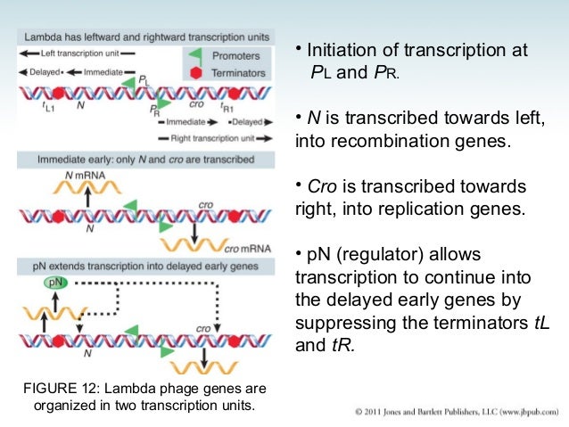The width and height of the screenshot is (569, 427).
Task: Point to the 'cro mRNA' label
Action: [x=242, y=246]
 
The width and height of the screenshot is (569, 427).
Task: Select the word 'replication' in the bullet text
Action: [x=378, y=210]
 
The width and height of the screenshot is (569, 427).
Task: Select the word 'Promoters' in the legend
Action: [x=240, y=55]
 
